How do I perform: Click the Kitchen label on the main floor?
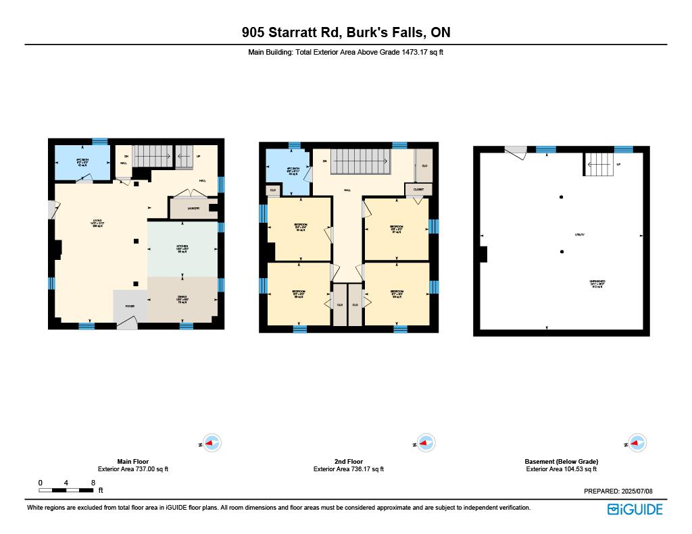[182, 246]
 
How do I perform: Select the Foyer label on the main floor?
[129, 306]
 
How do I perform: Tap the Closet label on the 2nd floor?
[418, 190]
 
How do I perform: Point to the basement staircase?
[599, 163]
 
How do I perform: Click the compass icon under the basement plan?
[637, 444]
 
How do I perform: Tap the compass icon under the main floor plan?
[212, 444]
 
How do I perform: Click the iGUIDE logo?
[635, 510]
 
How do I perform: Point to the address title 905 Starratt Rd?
[346, 32]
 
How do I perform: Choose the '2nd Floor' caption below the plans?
[349, 462]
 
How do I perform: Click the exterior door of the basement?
[516, 153]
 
